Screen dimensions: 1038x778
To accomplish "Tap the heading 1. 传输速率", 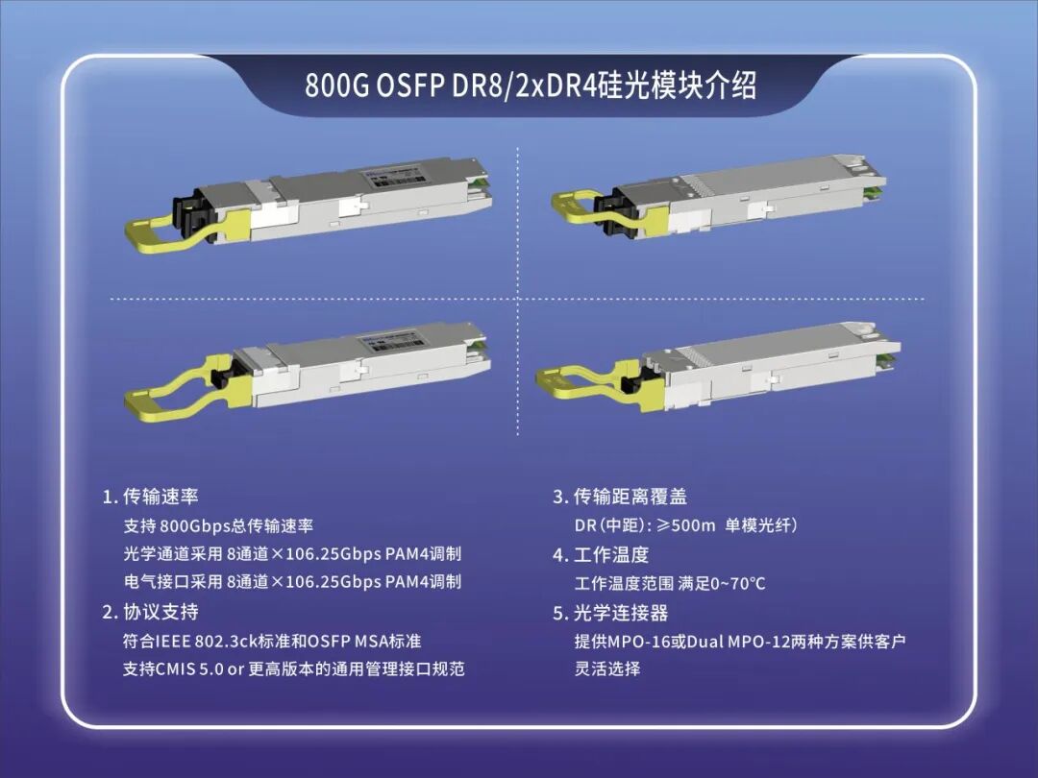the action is (150, 497).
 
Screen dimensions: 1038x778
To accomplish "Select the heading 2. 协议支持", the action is (150, 611).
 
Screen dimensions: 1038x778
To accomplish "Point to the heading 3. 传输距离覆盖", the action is (620, 497).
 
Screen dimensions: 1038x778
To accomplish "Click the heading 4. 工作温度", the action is (601, 554).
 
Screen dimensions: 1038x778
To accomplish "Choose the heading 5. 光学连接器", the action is (610, 613).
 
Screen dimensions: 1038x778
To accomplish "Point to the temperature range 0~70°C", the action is (738, 584).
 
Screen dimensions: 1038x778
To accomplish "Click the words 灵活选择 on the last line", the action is (607, 669).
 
